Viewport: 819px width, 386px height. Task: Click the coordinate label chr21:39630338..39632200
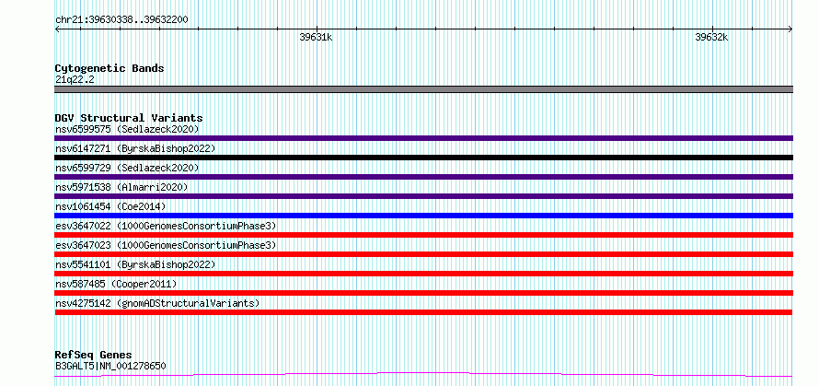(x=121, y=20)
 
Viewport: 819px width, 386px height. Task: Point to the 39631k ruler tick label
(x=316, y=38)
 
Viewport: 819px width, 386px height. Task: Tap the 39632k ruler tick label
(x=711, y=38)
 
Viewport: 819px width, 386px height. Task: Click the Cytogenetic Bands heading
(x=110, y=68)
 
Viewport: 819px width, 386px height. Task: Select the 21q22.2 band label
(x=75, y=80)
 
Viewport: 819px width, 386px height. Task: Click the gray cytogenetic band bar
(x=423, y=89)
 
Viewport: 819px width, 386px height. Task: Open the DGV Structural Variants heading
(x=129, y=118)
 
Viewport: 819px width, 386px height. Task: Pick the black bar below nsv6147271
(x=423, y=158)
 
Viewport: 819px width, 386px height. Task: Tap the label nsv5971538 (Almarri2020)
(x=121, y=187)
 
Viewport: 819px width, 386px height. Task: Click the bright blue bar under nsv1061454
(x=423, y=216)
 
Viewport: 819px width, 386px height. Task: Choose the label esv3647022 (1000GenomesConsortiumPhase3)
(x=166, y=226)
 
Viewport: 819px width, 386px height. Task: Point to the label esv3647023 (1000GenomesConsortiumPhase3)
(x=166, y=245)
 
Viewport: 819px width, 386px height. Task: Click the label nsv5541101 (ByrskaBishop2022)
(x=134, y=264)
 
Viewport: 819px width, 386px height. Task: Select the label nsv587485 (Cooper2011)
(x=116, y=284)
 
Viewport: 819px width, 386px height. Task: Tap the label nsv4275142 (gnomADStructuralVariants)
(x=157, y=303)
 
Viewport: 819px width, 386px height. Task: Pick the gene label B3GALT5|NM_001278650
(x=110, y=366)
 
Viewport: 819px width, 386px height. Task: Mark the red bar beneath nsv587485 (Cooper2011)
(x=423, y=293)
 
